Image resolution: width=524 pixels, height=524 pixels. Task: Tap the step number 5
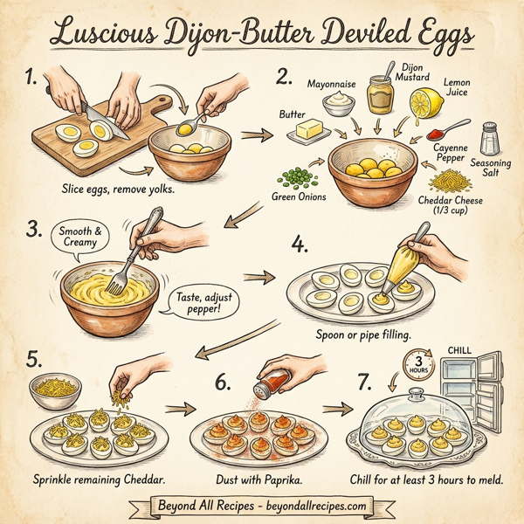(34, 360)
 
